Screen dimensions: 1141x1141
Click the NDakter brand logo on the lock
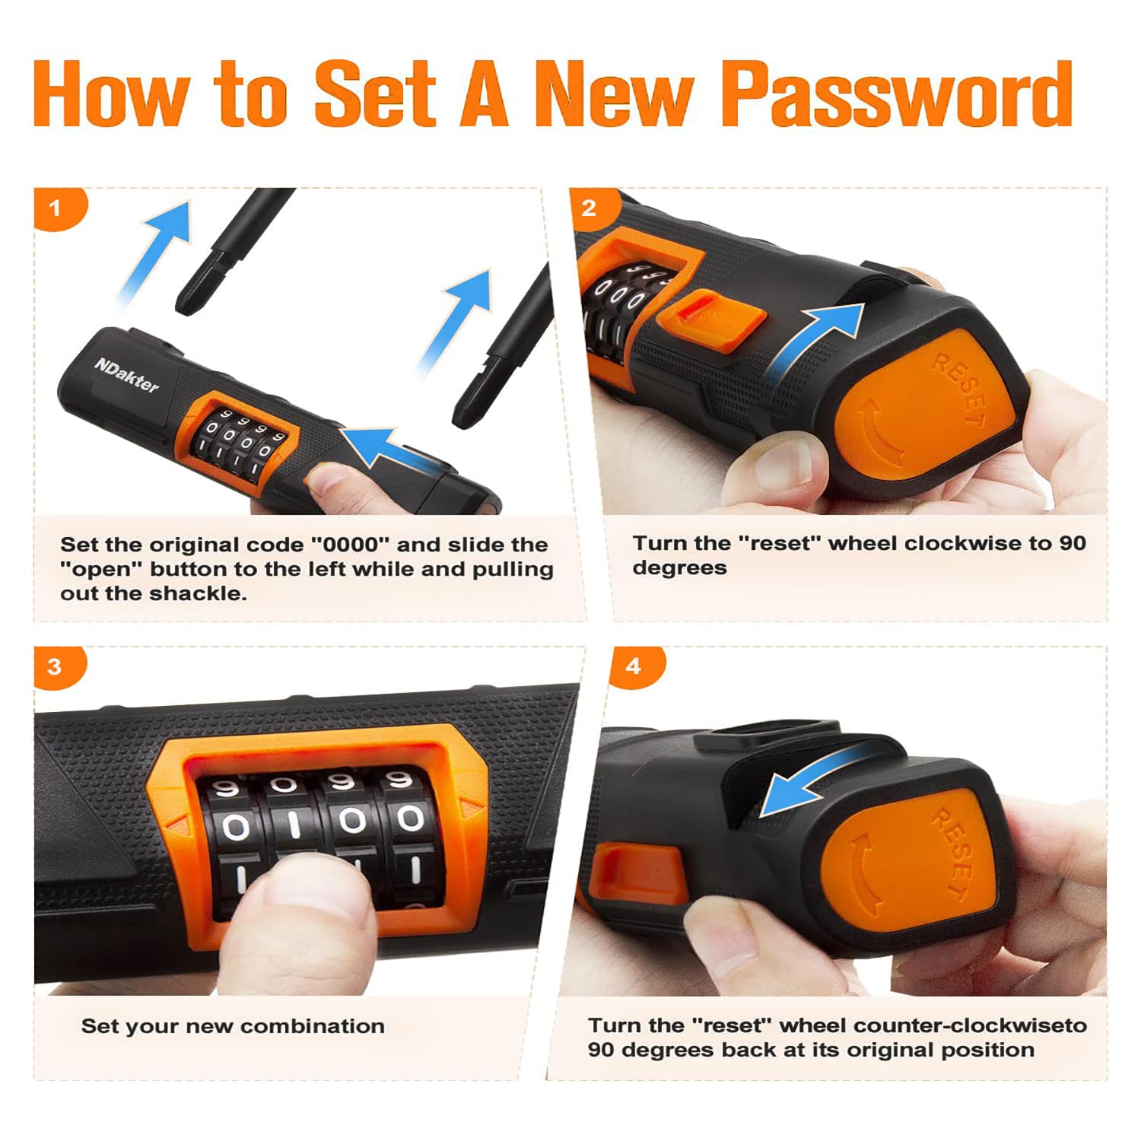[127, 374]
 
